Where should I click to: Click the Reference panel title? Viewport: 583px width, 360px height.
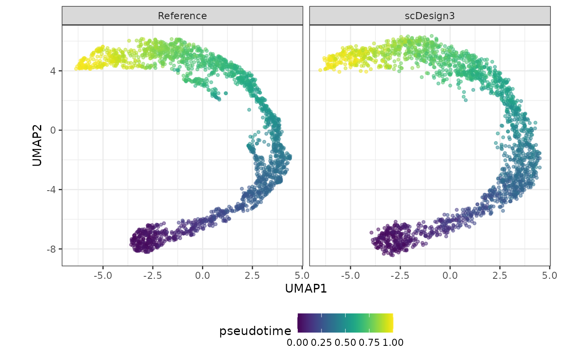pos(182,16)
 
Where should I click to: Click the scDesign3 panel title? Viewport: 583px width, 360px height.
pos(429,16)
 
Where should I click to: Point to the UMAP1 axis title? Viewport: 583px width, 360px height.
pos(306,288)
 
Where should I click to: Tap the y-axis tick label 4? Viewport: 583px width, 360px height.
pos(54,71)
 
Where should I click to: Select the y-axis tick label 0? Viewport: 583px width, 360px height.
pos(54,130)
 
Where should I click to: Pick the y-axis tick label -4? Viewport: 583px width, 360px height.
pos(52,190)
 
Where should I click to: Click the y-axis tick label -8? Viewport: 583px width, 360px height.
pos(52,249)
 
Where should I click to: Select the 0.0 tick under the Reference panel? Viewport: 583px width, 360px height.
pos(202,276)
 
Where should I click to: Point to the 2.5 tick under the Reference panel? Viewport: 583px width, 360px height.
pos(252,276)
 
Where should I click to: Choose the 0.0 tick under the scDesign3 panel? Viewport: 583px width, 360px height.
pos(450,276)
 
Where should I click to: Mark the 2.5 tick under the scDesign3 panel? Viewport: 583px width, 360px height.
pos(500,276)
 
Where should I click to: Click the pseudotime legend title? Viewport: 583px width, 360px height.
pos(255,331)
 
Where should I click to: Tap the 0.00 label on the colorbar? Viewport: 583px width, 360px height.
pos(297,343)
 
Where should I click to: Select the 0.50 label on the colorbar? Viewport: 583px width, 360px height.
pos(345,343)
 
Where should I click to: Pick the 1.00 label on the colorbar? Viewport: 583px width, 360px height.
pos(393,343)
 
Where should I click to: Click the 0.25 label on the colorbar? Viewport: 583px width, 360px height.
pos(321,343)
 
